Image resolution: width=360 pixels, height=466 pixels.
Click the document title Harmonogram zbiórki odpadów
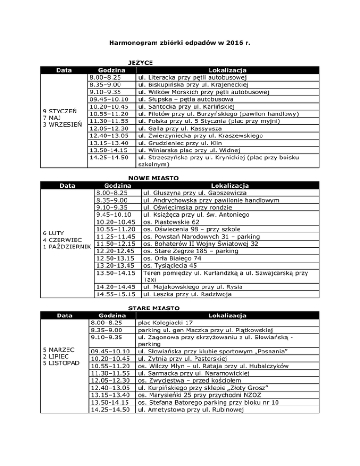(x=180, y=43)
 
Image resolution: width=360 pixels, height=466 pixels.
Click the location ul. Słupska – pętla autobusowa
(x=185, y=99)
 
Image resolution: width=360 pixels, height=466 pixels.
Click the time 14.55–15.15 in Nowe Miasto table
(x=116, y=294)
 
